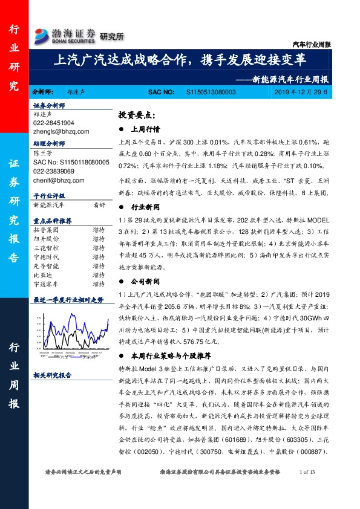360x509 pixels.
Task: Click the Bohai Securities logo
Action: pos(65,35)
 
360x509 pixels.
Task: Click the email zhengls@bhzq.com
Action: pos(62,131)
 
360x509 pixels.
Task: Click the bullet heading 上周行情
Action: pos(145,129)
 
